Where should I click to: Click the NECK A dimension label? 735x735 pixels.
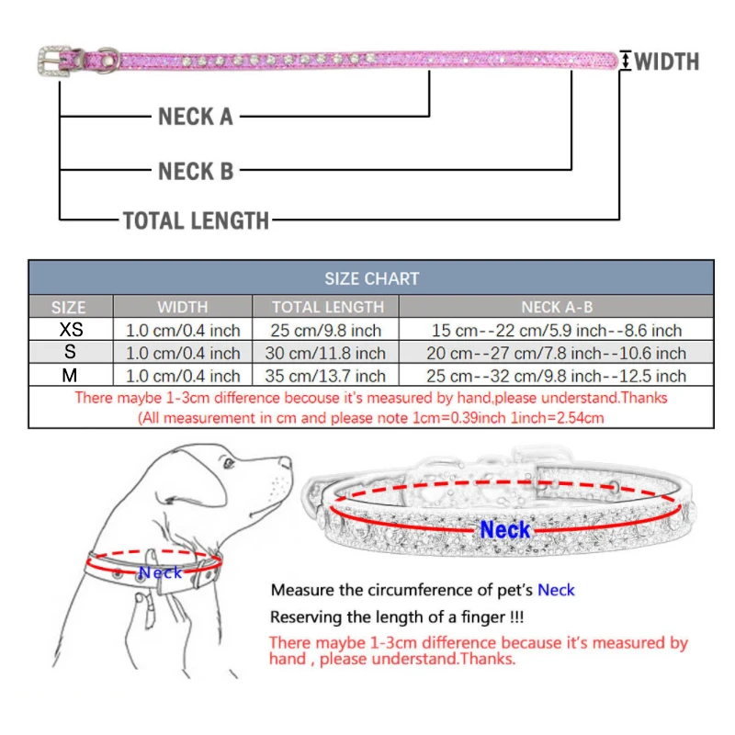pyautogui.click(x=196, y=117)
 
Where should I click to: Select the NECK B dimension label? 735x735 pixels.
pyautogui.click(x=196, y=171)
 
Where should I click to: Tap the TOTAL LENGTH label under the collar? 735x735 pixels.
pyautogui.click(x=196, y=220)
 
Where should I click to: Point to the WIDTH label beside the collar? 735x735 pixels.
pyautogui.click(x=667, y=62)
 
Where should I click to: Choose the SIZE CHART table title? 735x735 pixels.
pyautogui.click(x=371, y=278)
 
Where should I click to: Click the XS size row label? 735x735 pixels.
pyautogui.click(x=70, y=330)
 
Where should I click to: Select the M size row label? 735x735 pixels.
pyautogui.click(x=70, y=375)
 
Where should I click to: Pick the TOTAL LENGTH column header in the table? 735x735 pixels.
pyautogui.click(x=328, y=307)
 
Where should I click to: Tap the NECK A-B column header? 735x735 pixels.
pyautogui.click(x=556, y=307)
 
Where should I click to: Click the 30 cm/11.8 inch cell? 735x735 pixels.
pyautogui.click(x=328, y=353)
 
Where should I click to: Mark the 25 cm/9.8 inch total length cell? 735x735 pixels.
pyautogui.click(x=328, y=330)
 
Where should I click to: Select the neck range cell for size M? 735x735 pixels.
pyautogui.click(x=556, y=376)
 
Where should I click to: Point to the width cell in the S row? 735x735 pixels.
pyautogui.click(x=183, y=353)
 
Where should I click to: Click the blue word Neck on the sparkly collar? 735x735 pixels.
pyautogui.click(x=505, y=530)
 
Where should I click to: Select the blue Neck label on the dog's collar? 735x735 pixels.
pyautogui.click(x=160, y=572)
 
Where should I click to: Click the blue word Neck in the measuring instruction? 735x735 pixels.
pyautogui.click(x=556, y=589)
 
